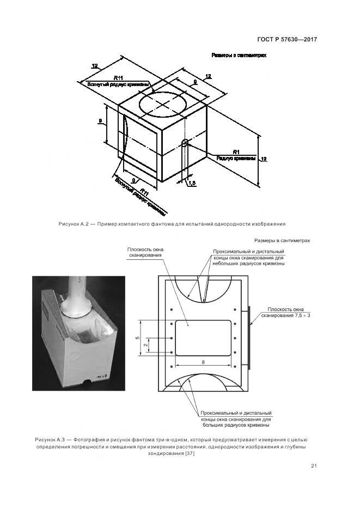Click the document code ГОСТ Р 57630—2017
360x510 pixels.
tap(287, 40)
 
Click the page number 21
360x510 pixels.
tap(314, 465)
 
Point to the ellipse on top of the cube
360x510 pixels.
tap(163, 104)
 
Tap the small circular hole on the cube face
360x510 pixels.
tap(185, 143)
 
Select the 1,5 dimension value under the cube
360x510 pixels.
tap(192, 184)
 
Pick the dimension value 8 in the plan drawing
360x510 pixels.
tap(203, 361)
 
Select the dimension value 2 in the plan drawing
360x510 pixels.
tap(145, 345)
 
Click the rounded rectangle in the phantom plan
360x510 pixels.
tap(203, 338)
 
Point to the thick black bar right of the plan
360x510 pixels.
tap(249, 338)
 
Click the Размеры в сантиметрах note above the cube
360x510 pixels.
tap(239, 55)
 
